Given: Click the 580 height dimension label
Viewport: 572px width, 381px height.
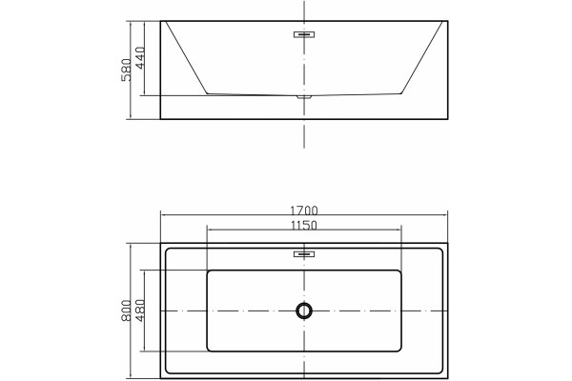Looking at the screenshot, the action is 126,70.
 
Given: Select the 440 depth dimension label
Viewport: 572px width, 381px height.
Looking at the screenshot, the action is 140,57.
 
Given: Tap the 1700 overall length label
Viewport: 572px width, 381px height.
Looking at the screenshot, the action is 304,211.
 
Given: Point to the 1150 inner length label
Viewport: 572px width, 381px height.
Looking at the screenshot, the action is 304,226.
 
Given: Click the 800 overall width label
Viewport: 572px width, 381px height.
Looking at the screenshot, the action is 126,311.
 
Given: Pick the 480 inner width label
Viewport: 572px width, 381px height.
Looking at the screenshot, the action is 140,311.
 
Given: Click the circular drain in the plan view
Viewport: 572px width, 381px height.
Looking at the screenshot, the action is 304,311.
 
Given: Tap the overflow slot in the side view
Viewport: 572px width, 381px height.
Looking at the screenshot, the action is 304,34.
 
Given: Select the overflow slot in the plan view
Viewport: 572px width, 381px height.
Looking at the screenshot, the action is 304,253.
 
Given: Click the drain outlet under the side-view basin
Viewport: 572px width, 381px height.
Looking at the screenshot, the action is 304,97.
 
